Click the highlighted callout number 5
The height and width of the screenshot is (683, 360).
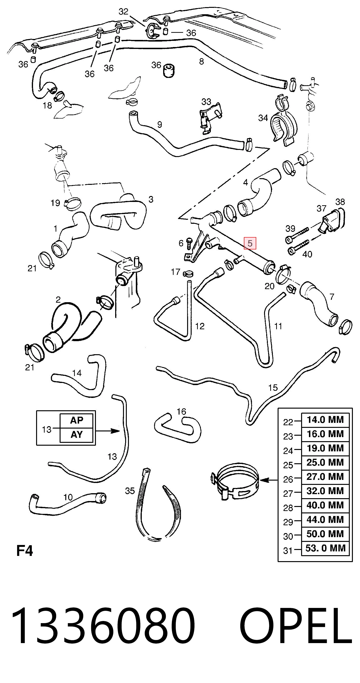point(250,243)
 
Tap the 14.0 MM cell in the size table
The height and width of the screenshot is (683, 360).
point(325,420)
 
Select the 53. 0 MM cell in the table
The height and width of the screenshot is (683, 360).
point(325,548)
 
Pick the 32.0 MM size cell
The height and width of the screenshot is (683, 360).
point(325,491)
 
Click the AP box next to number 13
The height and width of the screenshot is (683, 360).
point(77,420)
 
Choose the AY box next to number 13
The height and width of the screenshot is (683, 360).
point(77,435)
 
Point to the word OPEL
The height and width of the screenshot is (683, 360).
point(296,625)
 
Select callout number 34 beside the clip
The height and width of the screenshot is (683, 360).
point(263,118)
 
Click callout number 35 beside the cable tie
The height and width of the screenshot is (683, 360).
point(130,491)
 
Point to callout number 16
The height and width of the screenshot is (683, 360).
point(181,411)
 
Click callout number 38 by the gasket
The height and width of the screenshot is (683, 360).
point(340,202)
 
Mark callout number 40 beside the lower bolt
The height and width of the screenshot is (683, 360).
point(307,254)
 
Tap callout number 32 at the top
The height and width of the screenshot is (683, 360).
point(123,11)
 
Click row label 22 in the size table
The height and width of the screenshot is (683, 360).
point(288,422)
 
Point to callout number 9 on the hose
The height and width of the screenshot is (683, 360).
point(160,124)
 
